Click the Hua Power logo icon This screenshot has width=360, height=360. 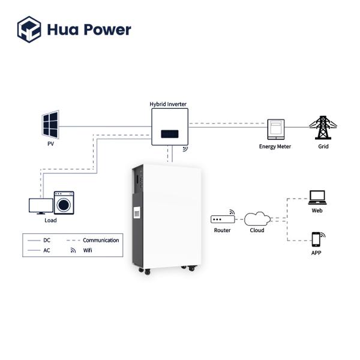[x=29, y=29]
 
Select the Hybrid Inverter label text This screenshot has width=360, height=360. [x=168, y=104]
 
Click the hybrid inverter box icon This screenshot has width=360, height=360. [x=169, y=127]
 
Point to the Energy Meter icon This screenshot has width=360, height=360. [x=275, y=128]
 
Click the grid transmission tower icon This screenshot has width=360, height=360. [x=323, y=125]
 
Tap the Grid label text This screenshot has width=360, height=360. [x=323, y=146]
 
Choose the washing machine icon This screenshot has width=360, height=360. [x=64, y=203]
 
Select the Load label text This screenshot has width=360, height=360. [x=51, y=220]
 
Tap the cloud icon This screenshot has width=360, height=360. [x=257, y=218]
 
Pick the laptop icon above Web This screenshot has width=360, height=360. [x=316, y=197]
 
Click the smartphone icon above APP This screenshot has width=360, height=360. [x=316, y=240]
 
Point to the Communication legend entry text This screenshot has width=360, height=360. [x=101, y=240]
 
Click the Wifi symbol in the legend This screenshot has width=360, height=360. [x=73, y=250]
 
